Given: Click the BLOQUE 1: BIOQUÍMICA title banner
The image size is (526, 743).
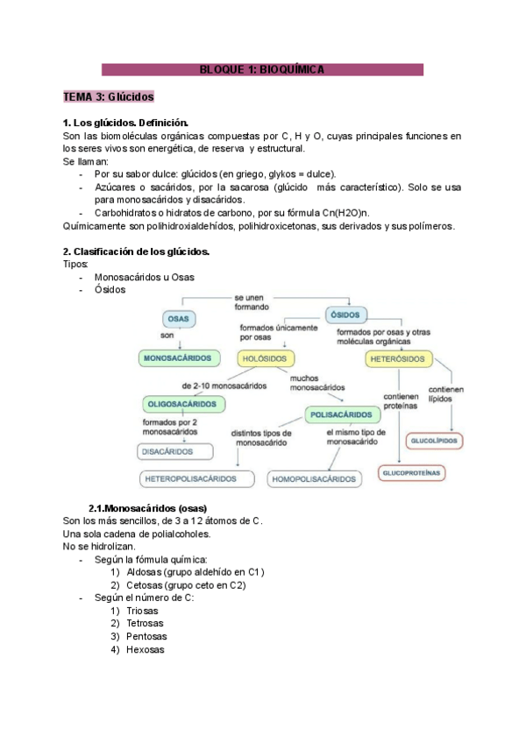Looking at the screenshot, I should tap(263, 69).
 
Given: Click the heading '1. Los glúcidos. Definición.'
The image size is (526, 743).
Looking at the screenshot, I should tap(126, 124).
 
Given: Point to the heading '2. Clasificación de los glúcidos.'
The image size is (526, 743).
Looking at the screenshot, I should tap(136, 251).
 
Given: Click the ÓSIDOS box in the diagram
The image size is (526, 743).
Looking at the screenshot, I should tap(347, 315).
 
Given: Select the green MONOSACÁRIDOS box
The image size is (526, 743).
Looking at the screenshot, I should tap(178, 358).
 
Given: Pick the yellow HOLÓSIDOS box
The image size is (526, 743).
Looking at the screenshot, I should tap(267, 358).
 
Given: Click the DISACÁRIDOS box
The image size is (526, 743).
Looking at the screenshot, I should tap(175, 452).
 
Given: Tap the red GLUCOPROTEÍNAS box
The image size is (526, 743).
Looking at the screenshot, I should tap(411, 473).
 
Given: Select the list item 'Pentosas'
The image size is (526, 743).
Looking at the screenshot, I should tap(146, 636).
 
